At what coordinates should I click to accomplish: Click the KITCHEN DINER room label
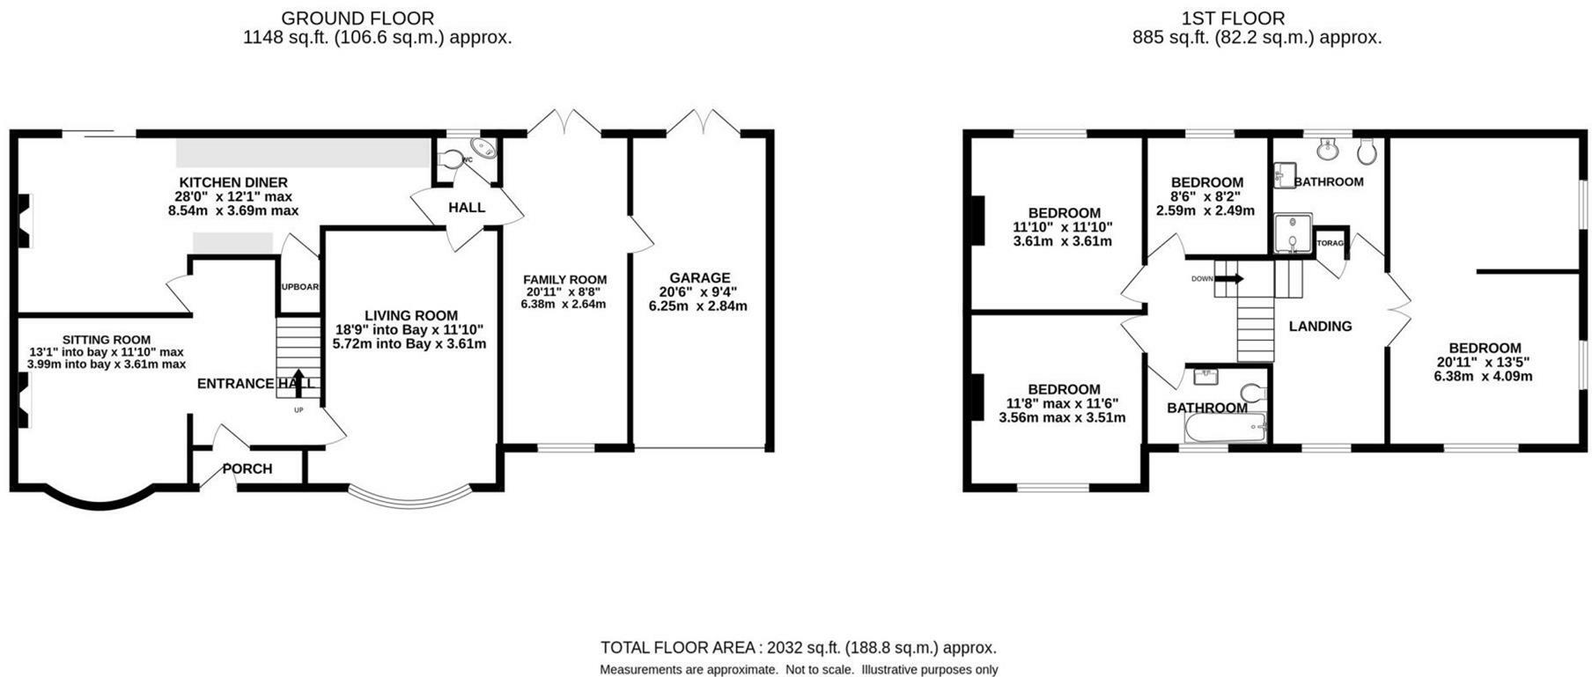[233, 182]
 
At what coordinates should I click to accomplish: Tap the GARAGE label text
[699, 277]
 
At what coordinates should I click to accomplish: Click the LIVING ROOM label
[410, 315]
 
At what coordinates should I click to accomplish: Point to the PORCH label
[247, 468]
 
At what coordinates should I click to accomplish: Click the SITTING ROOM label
[106, 339]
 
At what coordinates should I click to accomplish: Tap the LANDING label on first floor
[1319, 326]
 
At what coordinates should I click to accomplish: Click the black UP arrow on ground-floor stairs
[298, 381]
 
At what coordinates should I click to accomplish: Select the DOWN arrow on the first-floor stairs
[1230, 278]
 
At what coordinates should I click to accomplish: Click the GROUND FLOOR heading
[357, 18]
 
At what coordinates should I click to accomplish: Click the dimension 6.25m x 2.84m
[697, 306]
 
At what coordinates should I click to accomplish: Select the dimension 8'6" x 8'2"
[1205, 197]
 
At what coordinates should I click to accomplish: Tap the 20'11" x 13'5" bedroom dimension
[1484, 362]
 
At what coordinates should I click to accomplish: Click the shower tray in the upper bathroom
[1292, 233]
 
